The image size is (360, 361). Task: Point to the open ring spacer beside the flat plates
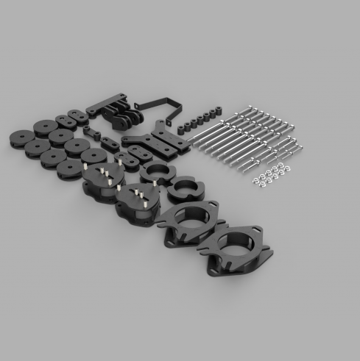[x=155, y=174]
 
